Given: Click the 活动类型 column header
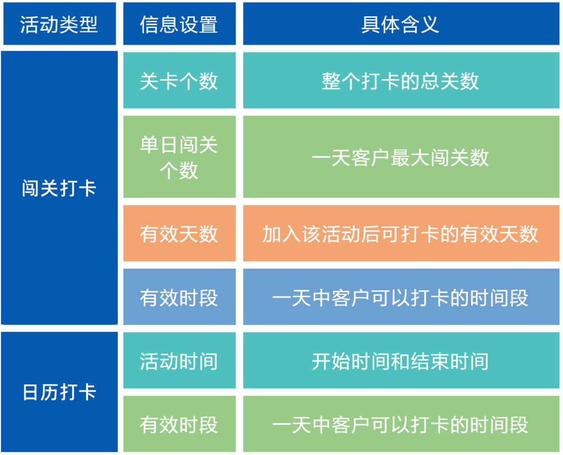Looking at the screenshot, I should pyautogui.click(x=59, y=24).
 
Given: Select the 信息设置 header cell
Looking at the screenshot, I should pyautogui.click(x=179, y=24).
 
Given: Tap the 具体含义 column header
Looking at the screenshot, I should pyautogui.click(x=400, y=24).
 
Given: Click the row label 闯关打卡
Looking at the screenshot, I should pyautogui.click(x=59, y=188).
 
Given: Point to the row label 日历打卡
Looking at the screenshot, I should pyautogui.click(x=59, y=392).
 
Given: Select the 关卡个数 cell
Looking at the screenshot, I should pyautogui.click(x=179, y=81).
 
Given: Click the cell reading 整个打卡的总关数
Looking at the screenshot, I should pyautogui.click(x=400, y=81).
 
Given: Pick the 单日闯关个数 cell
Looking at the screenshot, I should pyautogui.click(x=179, y=157).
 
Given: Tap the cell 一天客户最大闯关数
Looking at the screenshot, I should pyautogui.click(x=400, y=157).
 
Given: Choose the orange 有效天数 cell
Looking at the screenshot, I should pyautogui.click(x=179, y=233).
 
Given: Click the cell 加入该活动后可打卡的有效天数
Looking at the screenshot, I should pyautogui.click(x=400, y=233).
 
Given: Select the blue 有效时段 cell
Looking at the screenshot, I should pyautogui.click(x=179, y=298).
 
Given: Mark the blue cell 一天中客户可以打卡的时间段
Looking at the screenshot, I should pyautogui.click(x=400, y=298).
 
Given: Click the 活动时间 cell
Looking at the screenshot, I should pyautogui.click(x=179, y=361).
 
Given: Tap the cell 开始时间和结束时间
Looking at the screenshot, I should pyautogui.click(x=400, y=361).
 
